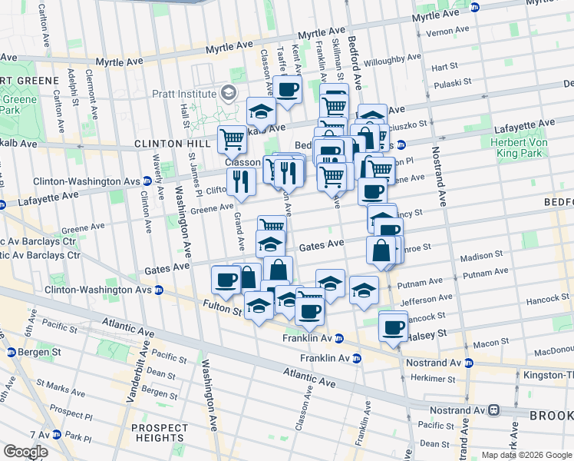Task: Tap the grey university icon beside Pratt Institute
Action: (229, 93)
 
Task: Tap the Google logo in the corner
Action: (25, 452)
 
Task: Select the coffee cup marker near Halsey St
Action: (394, 327)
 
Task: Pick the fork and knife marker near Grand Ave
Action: (241, 181)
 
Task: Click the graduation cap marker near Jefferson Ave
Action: (364, 290)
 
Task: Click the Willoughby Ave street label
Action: (394, 58)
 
